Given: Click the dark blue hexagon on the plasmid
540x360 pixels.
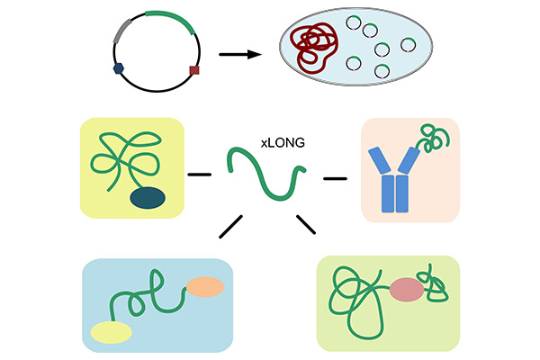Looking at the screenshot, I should pyautogui.click(x=118, y=67).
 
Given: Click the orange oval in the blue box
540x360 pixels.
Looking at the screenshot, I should pyautogui.click(x=204, y=288).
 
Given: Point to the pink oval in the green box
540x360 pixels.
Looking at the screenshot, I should pyautogui.click(x=407, y=289).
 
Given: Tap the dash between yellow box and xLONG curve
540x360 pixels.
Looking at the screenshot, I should pyautogui.click(x=201, y=173).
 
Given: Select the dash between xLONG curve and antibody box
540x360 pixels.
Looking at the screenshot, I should pyautogui.click(x=335, y=178).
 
